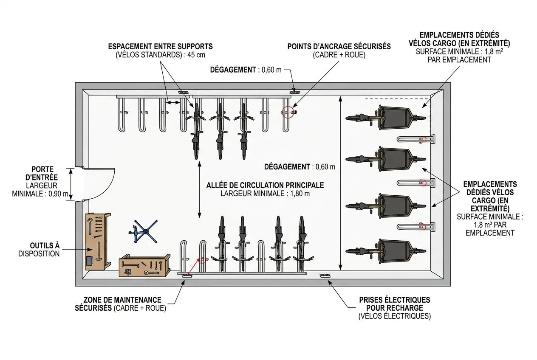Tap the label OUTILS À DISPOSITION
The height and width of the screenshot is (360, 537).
pyautogui.click(x=39, y=250)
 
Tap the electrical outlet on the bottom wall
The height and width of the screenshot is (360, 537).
pyautogui.click(x=325, y=276)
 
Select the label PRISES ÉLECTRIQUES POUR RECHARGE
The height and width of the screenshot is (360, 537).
pyautogui.click(x=394, y=304)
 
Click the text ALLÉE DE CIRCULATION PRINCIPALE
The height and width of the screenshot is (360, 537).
pyautogui.click(x=265, y=185)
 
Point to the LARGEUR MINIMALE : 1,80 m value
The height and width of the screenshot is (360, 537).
pyautogui.click(x=265, y=194)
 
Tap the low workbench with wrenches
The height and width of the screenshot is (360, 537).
pyautogui.click(x=145, y=265)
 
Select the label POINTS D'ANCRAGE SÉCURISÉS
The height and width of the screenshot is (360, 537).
pyautogui.click(x=339, y=47)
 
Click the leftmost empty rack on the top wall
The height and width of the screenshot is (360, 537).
pyautogui.click(x=120, y=115)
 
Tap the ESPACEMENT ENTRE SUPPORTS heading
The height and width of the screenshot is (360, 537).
pyautogui.click(x=160, y=47)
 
